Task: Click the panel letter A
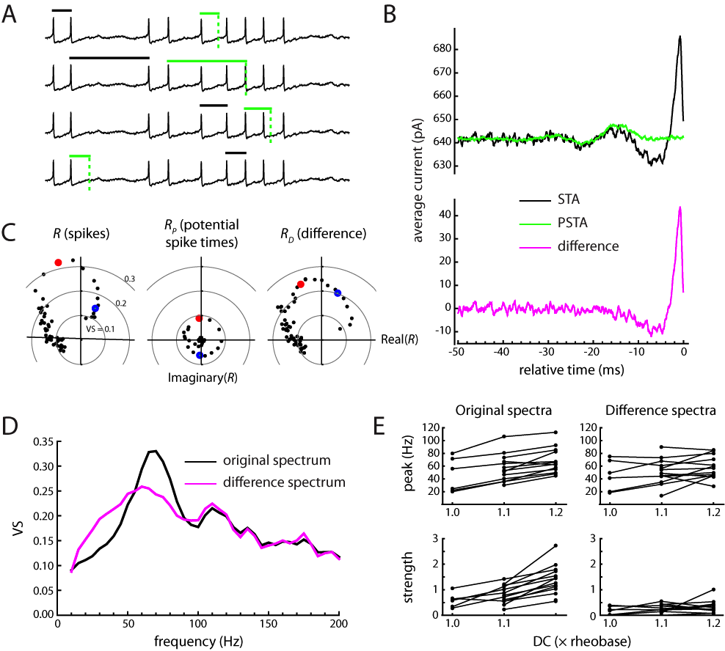click(x=10, y=14)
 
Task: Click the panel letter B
click(x=390, y=14)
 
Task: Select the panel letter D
click(x=11, y=425)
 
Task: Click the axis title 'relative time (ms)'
click(x=571, y=369)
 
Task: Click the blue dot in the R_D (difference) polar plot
click(x=338, y=293)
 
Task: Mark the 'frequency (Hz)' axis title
click(x=198, y=641)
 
